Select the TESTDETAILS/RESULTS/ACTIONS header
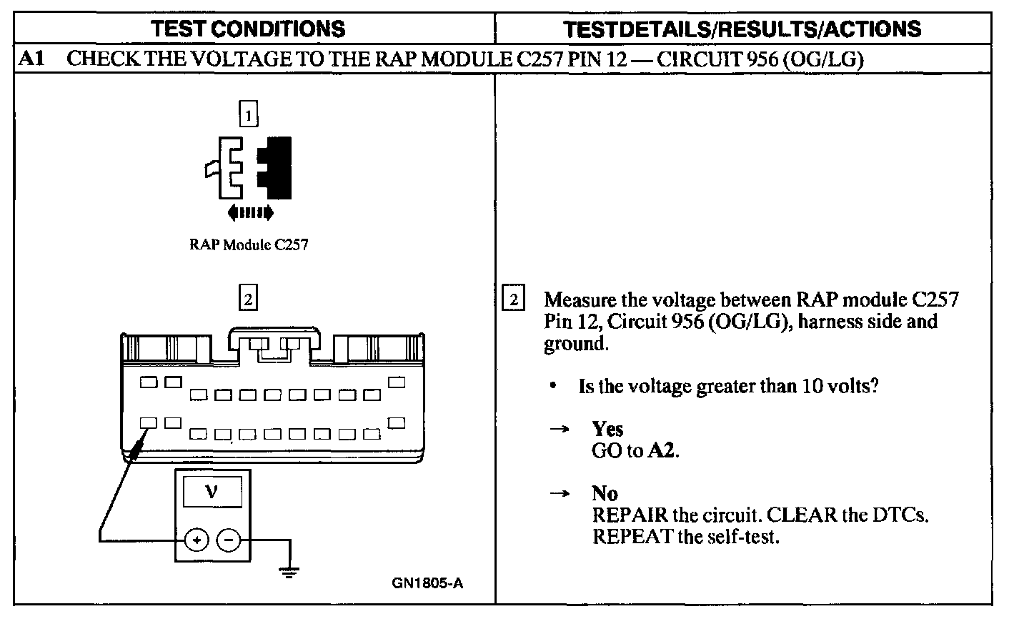pyautogui.click(x=742, y=29)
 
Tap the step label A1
pyautogui.click(x=33, y=59)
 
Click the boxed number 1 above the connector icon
pyautogui.click(x=248, y=114)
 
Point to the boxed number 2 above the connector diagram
pyautogui.click(x=248, y=299)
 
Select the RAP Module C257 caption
pyautogui.click(x=248, y=244)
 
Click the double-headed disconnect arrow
pyautogui.click(x=249, y=212)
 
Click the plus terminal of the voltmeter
pyautogui.click(x=197, y=540)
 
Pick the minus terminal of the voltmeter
pyautogui.click(x=229, y=540)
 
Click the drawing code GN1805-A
pyautogui.click(x=427, y=583)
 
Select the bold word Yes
pyautogui.click(x=607, y=429)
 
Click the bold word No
pyautogui.click(x=605, y=493)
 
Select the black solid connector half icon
pyautogui.click(x=277, y=167)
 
